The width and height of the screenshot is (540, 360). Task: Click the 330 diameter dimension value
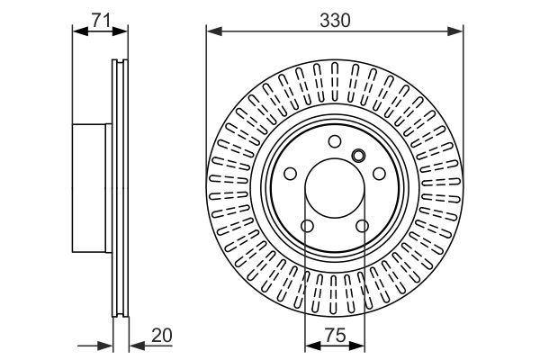[x=335, y=17]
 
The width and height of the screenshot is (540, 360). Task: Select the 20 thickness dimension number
[x=161, y=336]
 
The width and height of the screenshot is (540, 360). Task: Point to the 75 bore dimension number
[x=335, y=336]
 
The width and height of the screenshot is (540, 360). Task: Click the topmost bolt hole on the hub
[x=335, y=140]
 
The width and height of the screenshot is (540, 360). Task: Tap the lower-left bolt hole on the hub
[x=306, y=227]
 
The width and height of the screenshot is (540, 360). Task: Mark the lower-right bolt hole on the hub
[x=364, y=227]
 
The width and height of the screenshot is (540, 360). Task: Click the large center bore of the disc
[x=335, y=189]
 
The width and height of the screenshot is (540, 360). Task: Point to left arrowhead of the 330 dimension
[x=212, y=32]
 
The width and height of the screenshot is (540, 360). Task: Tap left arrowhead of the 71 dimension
[x=77, y=32]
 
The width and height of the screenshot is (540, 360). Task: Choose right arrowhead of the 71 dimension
[x=124, y=32]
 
